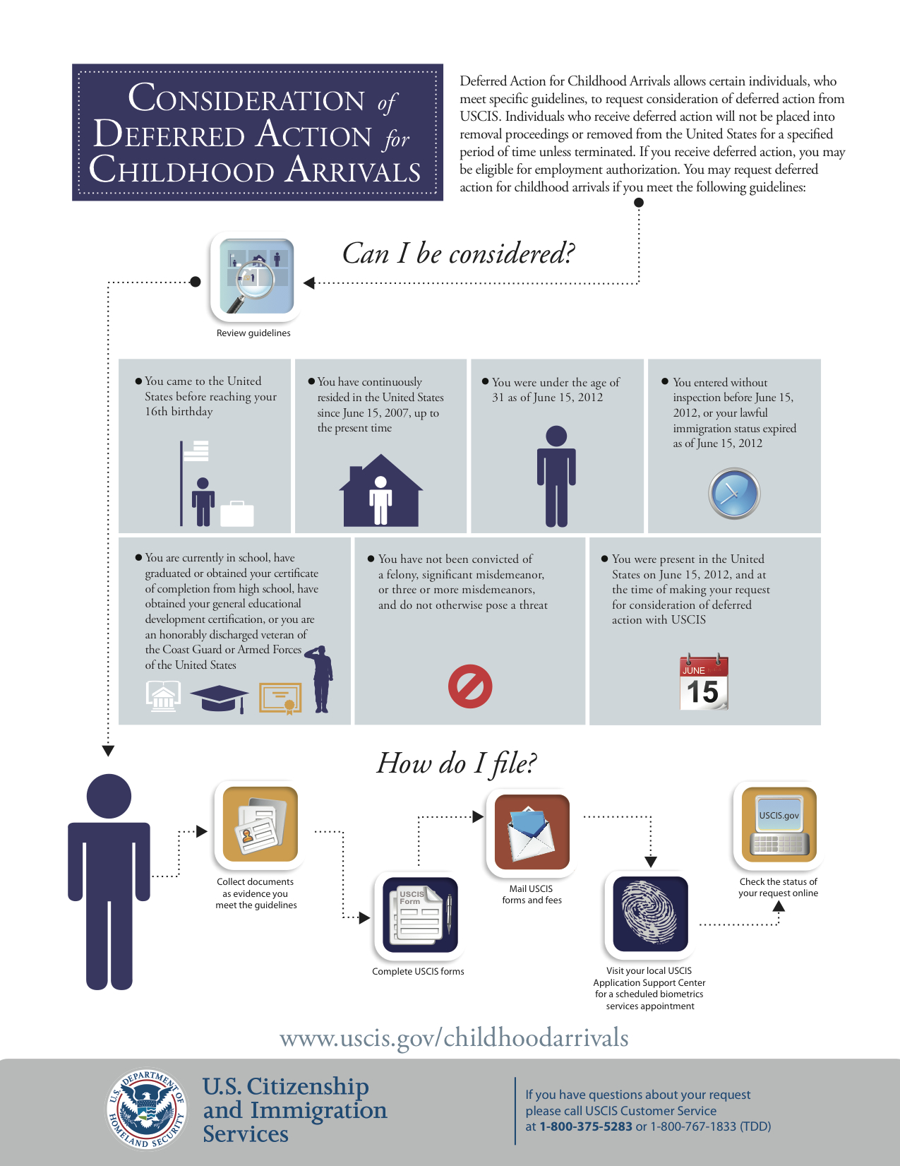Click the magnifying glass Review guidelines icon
coord(256,276)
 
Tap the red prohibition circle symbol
coord(470,686)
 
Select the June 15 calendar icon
coord(703,683)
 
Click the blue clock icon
coord(734,494)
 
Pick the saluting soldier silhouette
coord(320,679)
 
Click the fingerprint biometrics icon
coord(650,914)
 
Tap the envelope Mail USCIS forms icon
coord(532,832)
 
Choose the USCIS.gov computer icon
coord(779,825)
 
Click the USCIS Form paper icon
coord(420,915)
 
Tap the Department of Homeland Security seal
coord(147,1108)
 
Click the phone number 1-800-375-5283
coord(586,1126)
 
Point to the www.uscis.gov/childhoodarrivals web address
coord(454,1037)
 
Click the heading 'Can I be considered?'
coord(458,254)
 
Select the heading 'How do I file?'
coord(457,763)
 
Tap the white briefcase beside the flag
coord(236,514)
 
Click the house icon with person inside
coord(381,492)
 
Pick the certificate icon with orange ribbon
coord(280,698)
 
